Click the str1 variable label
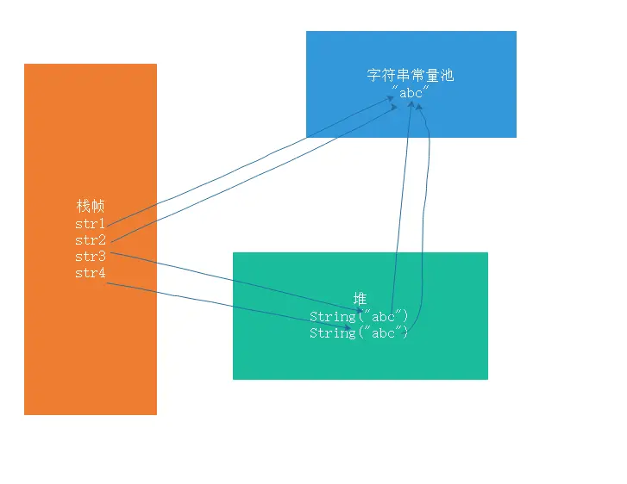click(90, 224)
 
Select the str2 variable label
click(90, 240)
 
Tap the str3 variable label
click(90, 257)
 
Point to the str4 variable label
click(90, 274)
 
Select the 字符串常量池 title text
click(411, 75)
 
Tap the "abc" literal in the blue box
click(411, 92)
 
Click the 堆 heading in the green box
click(361, 299)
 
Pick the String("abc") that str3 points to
click(359, 316)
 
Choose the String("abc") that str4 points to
click(359, 332)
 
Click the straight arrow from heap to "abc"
click(402, 207)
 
